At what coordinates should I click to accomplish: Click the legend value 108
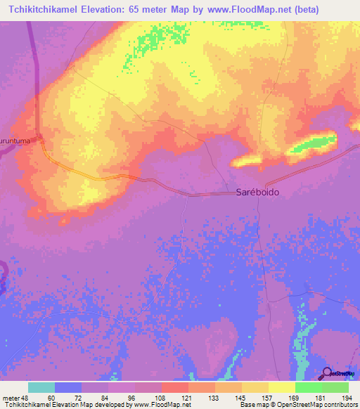point(161,398)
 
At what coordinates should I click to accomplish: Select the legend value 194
point(345,398)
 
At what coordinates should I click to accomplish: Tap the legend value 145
point(240,398)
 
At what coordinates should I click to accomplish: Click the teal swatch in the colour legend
point(41,387)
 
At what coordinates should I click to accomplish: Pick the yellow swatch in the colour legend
point(282,387)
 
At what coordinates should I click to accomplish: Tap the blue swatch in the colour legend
point(68,387)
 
